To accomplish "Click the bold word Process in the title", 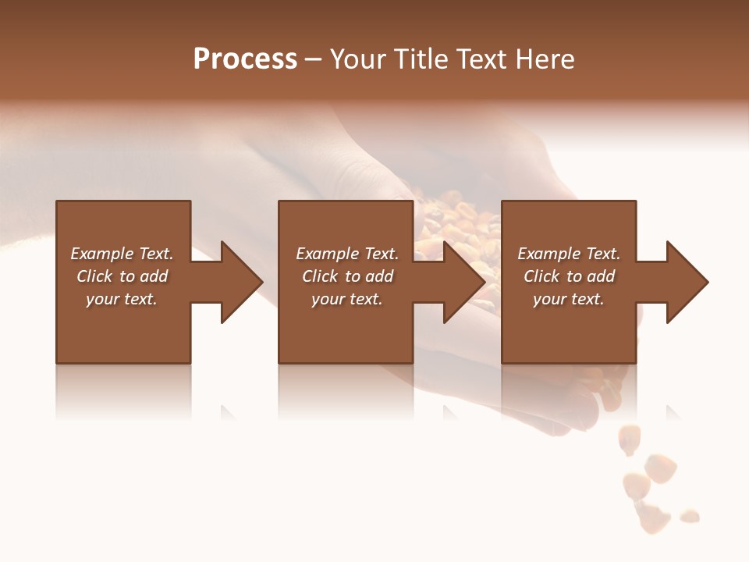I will [245, 59].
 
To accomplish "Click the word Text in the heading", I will [480, 59].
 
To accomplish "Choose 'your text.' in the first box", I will [122, 299].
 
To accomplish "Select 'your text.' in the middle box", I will [347, 299].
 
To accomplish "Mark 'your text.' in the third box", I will [569, 299].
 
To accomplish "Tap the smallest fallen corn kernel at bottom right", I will [690, 516].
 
